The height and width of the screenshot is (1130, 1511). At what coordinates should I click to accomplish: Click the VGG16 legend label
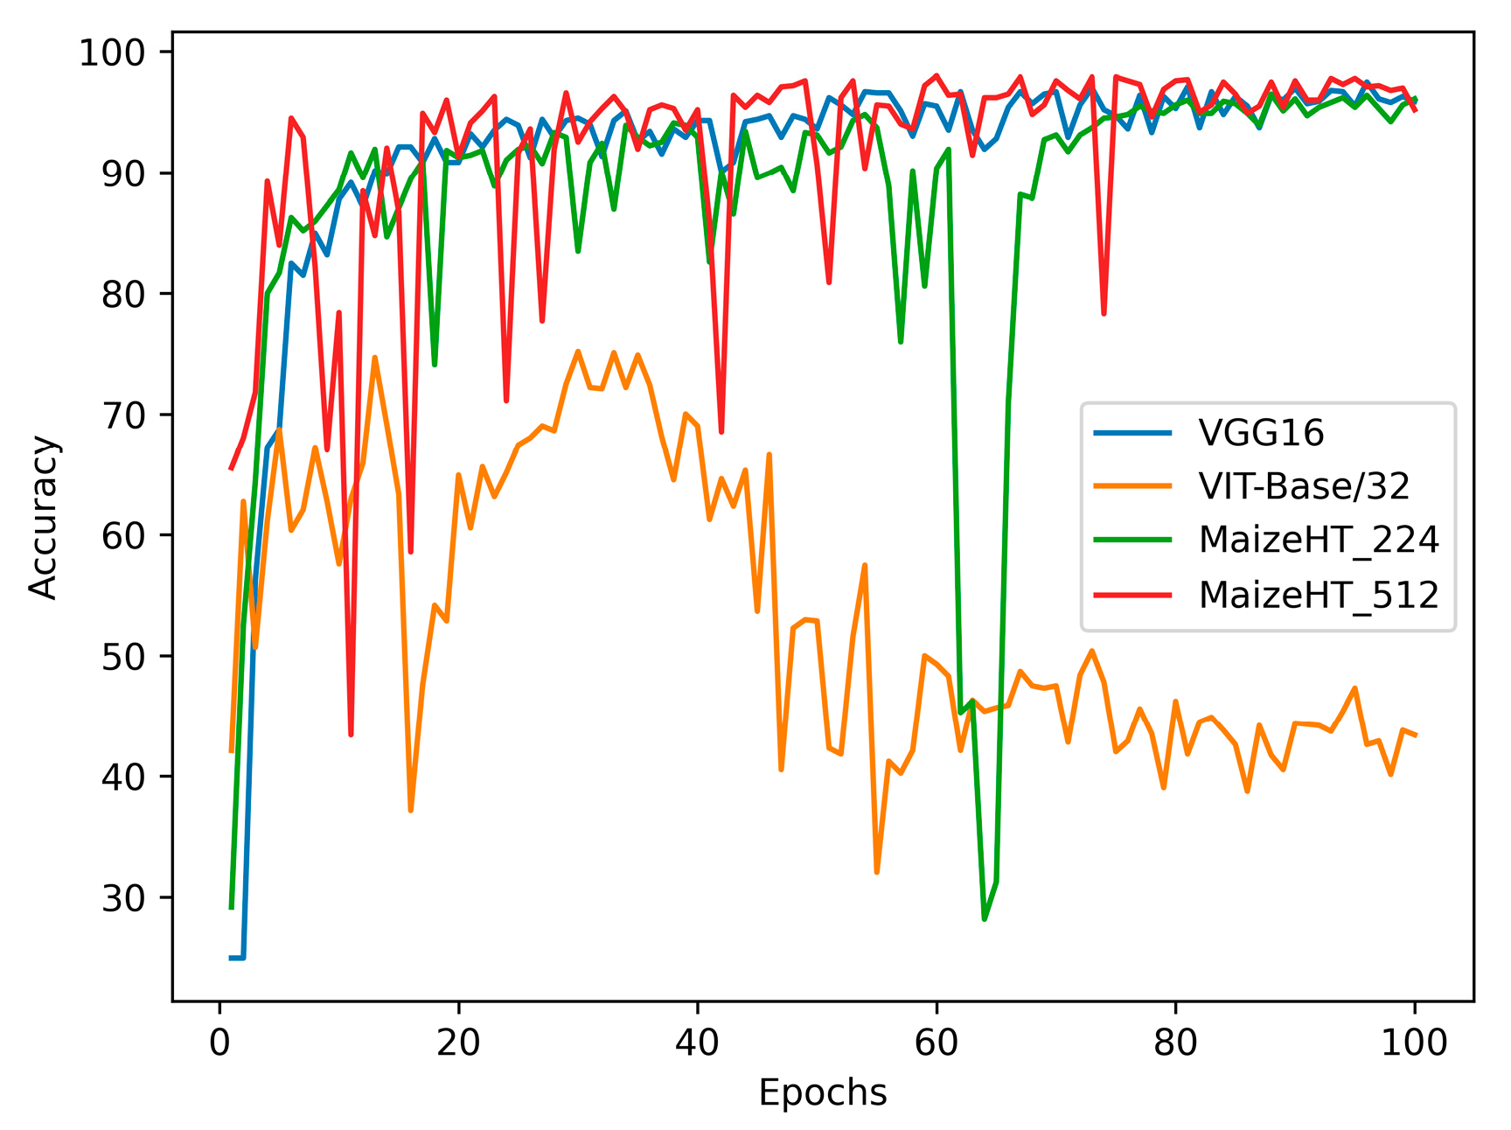(1261, 433)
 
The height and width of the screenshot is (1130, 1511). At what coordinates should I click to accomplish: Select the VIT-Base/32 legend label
(1304, 486)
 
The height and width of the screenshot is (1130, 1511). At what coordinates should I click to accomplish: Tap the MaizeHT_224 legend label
(1319, 541)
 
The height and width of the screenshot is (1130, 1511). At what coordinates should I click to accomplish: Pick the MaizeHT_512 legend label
(1319, 595)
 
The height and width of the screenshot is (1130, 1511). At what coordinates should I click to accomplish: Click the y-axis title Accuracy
(43, 517)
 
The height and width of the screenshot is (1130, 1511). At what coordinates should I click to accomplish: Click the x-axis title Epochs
(822, 1093)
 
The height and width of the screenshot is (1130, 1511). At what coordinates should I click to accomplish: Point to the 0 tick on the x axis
(219, 1043)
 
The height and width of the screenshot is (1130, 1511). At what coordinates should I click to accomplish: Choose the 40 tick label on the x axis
(697, 1043)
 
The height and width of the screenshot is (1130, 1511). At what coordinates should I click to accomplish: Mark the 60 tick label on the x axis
(937, 1043)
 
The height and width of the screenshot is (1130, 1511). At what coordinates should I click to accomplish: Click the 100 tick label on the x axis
(1414, 1043)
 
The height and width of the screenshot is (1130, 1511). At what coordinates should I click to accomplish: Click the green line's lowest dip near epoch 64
(985, 919)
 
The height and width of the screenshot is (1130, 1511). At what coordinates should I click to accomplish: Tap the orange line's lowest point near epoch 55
(877, 872)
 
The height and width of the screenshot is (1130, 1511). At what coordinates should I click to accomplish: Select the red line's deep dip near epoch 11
(351, 735)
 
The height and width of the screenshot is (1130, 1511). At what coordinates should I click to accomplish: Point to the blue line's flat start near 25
(237, 958)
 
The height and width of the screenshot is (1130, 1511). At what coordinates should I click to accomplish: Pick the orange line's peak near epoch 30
(578, 352)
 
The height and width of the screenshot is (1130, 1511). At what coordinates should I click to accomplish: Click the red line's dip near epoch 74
(1104, 313)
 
